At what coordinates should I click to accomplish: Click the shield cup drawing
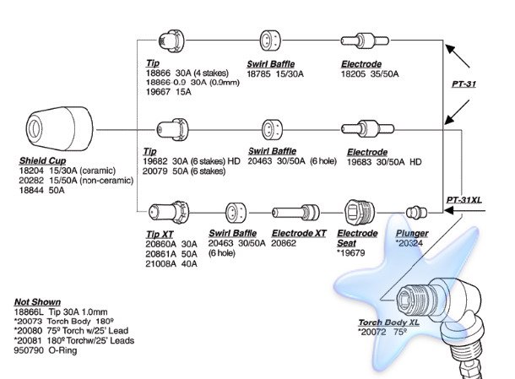59,128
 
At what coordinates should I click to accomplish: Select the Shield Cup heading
43,160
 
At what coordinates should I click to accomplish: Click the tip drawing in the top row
171,41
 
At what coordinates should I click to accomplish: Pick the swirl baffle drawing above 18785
270,41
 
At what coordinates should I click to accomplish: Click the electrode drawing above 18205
365,41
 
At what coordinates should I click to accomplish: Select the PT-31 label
463,84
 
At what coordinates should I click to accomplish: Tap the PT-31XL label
464,200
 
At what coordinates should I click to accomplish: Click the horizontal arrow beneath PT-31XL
464,209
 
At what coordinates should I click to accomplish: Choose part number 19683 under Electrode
360,162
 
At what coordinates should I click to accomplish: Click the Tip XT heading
160,234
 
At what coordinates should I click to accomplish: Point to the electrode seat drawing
360,213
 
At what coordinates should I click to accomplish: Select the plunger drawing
416,213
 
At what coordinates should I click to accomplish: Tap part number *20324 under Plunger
409,243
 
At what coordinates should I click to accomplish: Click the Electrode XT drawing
295,213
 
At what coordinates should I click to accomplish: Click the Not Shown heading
37,302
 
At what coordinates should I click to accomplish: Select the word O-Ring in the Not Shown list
62,350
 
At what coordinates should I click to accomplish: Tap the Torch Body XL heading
389,322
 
